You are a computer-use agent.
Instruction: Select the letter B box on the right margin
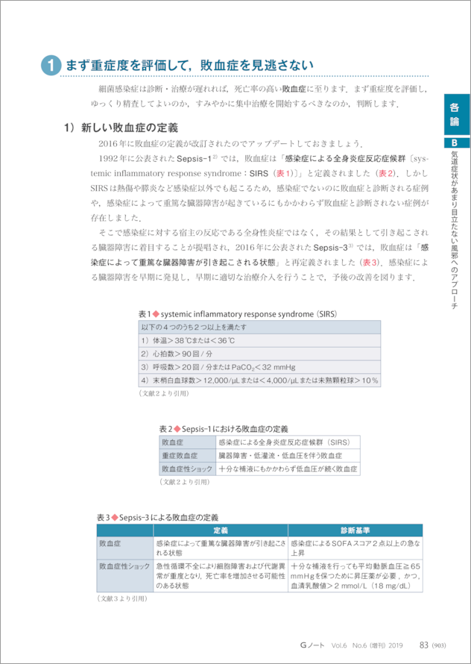tap(455, 143)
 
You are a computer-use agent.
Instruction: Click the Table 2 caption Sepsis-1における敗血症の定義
tap(224, 429)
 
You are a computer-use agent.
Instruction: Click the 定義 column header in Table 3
tap(221, 530)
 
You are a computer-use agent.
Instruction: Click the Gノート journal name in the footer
tap(309, 645)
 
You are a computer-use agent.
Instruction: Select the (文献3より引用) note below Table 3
tap(122, 598)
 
